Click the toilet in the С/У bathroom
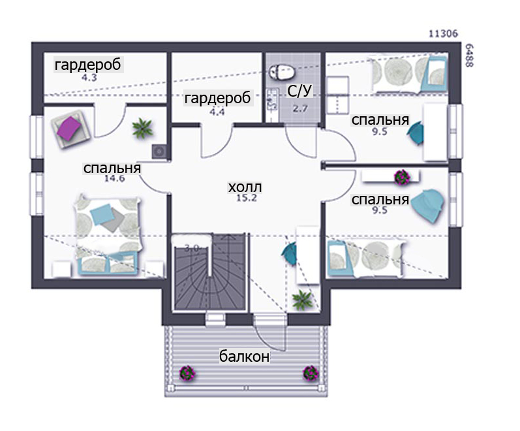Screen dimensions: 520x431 pyautogui.click(x=281, y=71)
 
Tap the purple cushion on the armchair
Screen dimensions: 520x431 pyautogui.click(x=69, y=128)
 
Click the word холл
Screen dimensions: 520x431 pyautogui.click(x=245, y=187)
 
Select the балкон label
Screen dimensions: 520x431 pyautogui.click(x=245, y=357)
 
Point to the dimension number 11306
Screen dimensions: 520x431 pyautogui.click(x=444, y=33)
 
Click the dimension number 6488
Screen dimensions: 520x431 pyautogui.click(x=469, y=56)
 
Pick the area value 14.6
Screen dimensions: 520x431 pyautogui.click(x=114, y=178)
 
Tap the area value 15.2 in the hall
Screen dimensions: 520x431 pyautogui.click(x=247, y=199)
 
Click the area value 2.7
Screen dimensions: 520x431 pyautogui.click(x=299, y=108)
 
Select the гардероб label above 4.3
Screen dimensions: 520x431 pyautogui.click(x=88, y=65)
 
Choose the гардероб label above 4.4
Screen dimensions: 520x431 pyautogui.click(x=217, y=99)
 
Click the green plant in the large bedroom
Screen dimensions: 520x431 pyautogui.click(x=142, y=128)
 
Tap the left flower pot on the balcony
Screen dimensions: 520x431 pyautogui.click(x=187, y=373)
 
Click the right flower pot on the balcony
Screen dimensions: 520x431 pyautogui.click(x=311, y=373)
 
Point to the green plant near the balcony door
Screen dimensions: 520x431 pyautogui.click(x=302, y=299)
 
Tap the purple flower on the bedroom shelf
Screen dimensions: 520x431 pyautogui.click(x=402, y=177)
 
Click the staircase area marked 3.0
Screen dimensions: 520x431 pyautogui.click(x=209, y=272)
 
